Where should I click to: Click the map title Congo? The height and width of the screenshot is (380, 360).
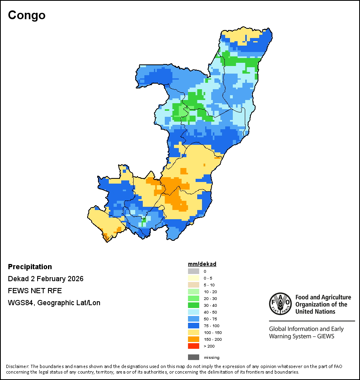tap(27, 15)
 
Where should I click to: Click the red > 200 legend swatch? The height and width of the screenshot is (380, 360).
tap(194, 346)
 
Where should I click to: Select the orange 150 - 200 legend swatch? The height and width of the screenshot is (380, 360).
tap(194, 339)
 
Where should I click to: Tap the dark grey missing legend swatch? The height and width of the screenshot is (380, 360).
tap(194, 357)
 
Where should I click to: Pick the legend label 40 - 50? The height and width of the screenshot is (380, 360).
tap(210, 312)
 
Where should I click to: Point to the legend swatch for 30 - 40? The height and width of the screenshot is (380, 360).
tap(194, 305)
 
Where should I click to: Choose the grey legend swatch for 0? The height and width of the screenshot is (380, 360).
tap(194, 271)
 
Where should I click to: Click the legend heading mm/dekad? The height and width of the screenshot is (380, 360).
tap(202, 264)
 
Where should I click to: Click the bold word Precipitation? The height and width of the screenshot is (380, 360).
tap(30, 267)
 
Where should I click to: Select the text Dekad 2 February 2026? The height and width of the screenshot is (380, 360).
tap(46, 279)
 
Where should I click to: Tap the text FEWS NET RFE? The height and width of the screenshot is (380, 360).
tap(35, 291)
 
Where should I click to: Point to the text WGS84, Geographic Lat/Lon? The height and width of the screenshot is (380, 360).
tap(54, 303)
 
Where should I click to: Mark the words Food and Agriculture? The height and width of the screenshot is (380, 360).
tap(323, 297)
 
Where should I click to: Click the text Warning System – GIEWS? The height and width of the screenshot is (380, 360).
tap(301, 336)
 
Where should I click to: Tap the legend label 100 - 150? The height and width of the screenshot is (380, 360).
tap(212, 332)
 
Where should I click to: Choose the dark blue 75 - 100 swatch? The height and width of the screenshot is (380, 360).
tap(194, 326)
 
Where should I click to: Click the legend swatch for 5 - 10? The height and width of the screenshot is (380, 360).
tap(194, 285)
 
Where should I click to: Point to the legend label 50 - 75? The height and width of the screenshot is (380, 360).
tap(210, 319)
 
